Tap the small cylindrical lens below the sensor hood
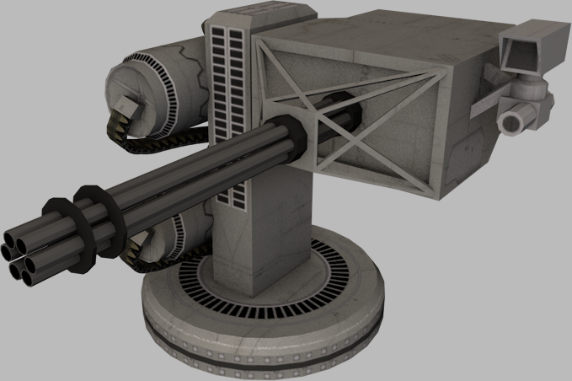point(513,123)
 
